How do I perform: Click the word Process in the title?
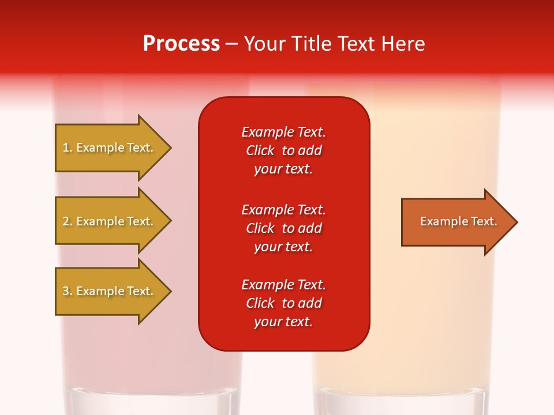tap(181, 44)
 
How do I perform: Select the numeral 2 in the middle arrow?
tap(66, 221)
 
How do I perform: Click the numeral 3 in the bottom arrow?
tap(66, 291)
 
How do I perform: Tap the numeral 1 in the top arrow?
tap(66, 148)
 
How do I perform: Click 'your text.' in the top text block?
tap(283, 169)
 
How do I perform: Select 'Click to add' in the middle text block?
tap(283, 228)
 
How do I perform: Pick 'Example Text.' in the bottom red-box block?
tap(283, 285)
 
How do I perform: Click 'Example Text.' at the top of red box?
tap(283, 132)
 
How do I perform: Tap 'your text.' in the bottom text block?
tap(283, 322)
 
